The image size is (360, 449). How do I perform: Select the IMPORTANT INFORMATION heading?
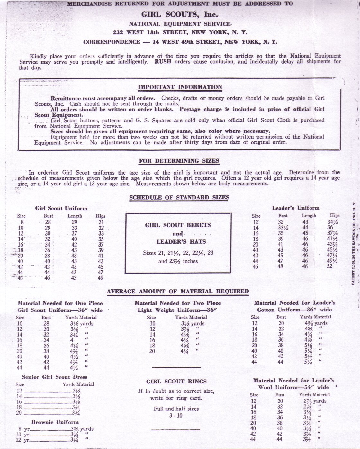point(180,87)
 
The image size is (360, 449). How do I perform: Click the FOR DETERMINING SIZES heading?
point(179,161)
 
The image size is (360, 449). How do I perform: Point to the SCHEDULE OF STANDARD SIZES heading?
point(179,197)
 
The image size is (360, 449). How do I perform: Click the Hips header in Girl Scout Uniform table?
point(101,216)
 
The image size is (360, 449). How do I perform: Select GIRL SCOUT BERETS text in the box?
point(178,225)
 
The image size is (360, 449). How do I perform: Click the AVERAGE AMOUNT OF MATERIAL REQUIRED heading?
point(178,292)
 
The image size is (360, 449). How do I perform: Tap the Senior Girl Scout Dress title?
point(54,377)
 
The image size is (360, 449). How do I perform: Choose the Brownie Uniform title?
point(55,422)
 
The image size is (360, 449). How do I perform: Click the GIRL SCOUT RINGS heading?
point(176,382)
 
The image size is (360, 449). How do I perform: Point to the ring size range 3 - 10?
point(176,415)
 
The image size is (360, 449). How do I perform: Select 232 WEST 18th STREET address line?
point(180,32)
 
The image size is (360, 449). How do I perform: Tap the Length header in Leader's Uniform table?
point(309,216)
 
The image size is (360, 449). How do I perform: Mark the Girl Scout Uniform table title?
point(61,208)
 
